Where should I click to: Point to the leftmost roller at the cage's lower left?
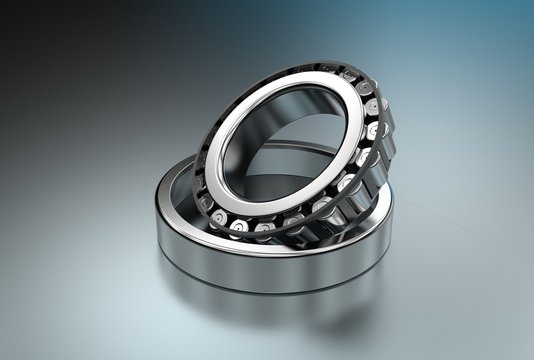click(x=206, y=203)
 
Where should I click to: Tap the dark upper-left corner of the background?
click(x=20, y=20)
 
